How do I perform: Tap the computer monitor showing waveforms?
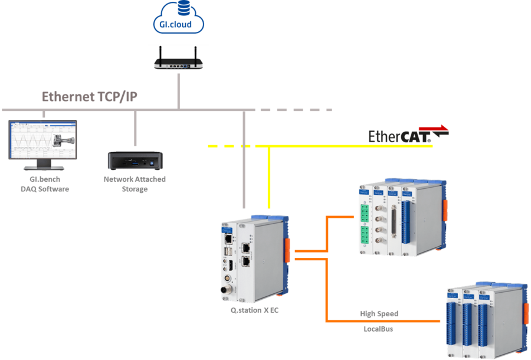42,140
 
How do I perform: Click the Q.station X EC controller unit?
254,257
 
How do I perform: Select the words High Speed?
379,313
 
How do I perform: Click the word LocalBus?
378,329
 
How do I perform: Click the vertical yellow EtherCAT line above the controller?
268,177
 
